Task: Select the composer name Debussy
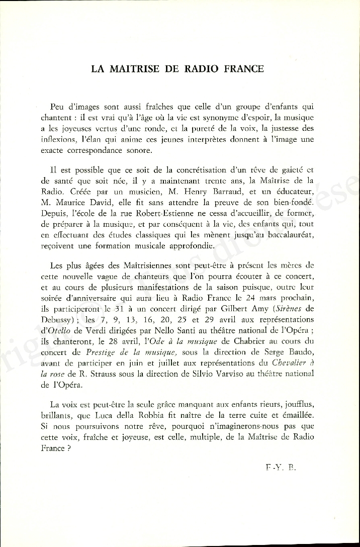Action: (x=57, y=320)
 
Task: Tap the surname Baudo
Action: (x=300, y=352)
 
